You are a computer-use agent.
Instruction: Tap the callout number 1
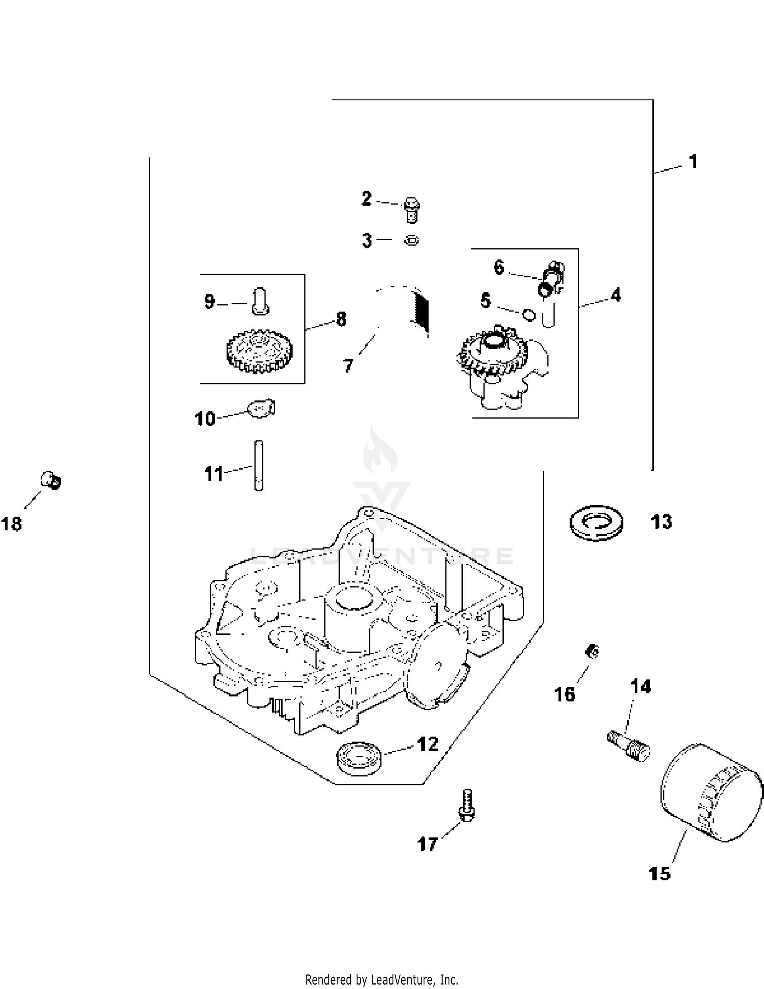click(693, 162)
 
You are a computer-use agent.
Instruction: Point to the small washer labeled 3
click(412, 240)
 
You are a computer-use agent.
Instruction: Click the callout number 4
click(616, 295)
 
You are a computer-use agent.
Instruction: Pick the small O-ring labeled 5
click(529, 315)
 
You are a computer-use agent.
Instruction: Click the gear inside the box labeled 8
click(258, 351)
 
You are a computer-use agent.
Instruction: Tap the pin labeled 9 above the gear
click(260, 301)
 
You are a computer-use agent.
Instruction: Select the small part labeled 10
click(261, 408)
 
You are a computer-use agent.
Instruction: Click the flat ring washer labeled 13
click(596, 523)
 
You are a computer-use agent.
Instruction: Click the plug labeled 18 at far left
click(51, 480)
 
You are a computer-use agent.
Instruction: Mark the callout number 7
click(348, 365)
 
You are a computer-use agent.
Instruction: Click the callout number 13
click(662, 522)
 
